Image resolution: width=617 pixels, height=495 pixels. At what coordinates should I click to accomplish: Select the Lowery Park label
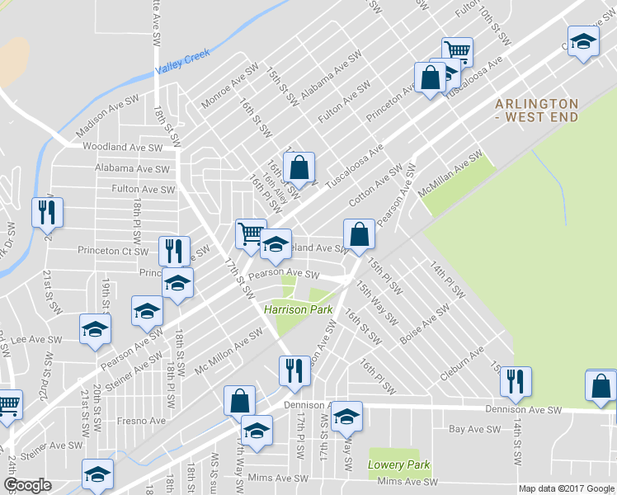click(x=399, y=464)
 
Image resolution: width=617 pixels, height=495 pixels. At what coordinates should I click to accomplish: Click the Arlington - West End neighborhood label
click(x=536, y=110)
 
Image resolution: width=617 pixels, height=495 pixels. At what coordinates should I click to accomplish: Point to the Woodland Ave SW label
click(x=122, y=147)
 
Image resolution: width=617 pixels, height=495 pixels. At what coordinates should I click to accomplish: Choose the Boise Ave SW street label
click(x=424, y=324)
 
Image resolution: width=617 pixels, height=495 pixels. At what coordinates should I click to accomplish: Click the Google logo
click(x=27, y=484)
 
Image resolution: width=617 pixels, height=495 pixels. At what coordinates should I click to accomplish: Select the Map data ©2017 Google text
click(x=566, y=488)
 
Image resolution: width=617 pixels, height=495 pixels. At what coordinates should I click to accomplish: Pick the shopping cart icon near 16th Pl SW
click(x=250, y=233)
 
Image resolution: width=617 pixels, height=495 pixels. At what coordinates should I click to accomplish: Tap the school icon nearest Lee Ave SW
click(x=95, y=328)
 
